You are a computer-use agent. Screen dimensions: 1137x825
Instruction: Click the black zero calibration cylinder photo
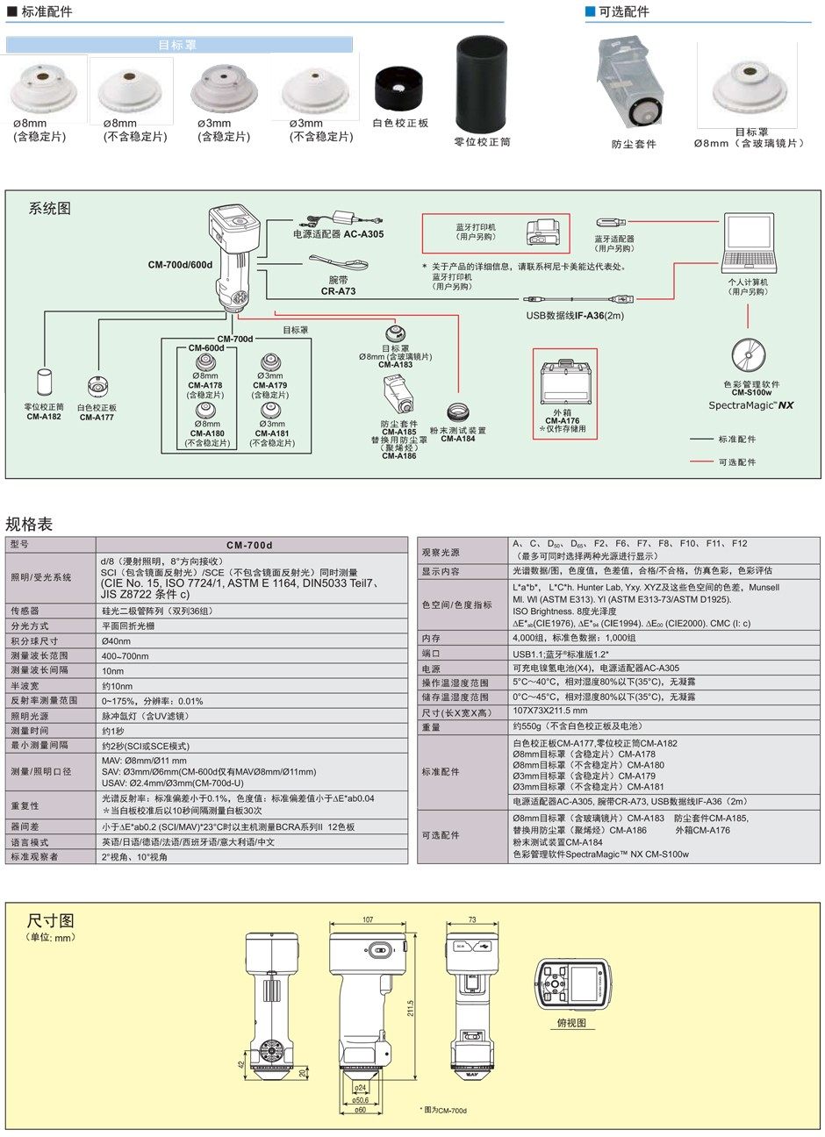point(482,84)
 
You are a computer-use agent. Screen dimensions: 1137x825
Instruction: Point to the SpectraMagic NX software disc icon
point(750,355)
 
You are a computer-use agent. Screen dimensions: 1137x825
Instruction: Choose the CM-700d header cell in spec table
point(250,545)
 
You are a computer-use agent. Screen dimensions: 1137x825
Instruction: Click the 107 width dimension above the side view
point(368,920)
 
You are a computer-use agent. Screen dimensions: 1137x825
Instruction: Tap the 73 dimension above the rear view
point(471,920)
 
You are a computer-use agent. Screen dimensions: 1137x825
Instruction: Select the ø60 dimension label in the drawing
point(360,1110)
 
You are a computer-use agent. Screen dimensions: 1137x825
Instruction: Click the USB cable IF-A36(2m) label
point(575,315)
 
